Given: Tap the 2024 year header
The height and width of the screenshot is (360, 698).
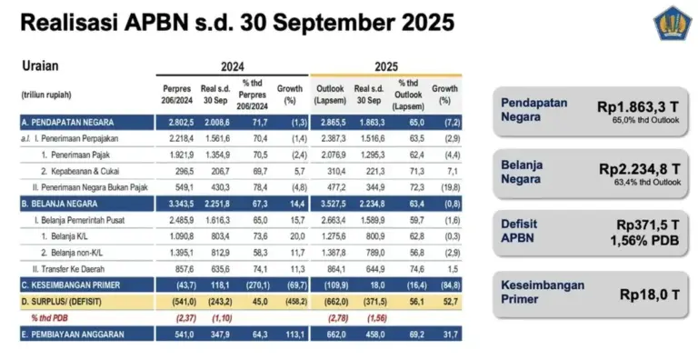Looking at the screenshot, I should point(233,66).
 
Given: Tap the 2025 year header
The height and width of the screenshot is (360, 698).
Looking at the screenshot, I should point(386,66).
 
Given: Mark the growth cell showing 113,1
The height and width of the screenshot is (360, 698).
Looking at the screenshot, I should point(291,335).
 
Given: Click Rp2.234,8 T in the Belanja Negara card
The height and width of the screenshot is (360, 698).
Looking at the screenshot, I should point(635,168).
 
